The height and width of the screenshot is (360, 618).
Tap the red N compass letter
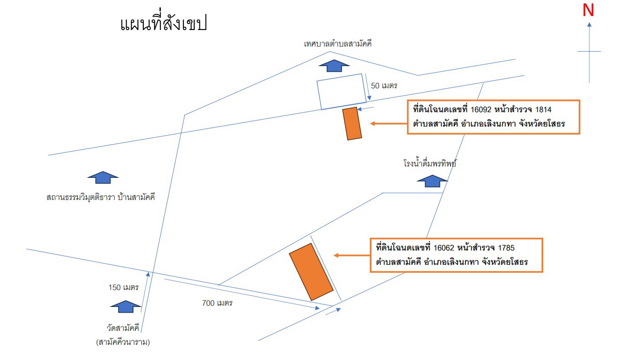tap(588, 10)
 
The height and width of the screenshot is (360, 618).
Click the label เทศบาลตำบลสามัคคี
tap(338, 43)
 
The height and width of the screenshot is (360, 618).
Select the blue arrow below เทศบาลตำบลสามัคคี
tap(334, 66)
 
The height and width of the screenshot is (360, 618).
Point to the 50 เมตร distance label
tap(384, 86)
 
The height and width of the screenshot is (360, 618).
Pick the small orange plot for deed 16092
tap(352, 123)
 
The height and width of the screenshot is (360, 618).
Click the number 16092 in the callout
tap(481, 110)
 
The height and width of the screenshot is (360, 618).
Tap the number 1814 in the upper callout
tap(543, 110)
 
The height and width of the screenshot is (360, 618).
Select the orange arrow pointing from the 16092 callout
tap(389, 123)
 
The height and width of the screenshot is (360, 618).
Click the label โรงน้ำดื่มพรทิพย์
tap(430, 163)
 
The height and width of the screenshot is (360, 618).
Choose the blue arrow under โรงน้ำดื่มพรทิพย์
tap(432, 181)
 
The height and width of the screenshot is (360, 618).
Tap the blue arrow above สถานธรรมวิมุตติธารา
tap(103, 177)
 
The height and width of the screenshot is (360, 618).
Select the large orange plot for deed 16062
tap(311, 272)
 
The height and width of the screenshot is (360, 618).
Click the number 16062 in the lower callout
tap(444, 248)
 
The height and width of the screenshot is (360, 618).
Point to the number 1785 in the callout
tap(506, 248)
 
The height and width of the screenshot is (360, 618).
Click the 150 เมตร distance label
tap(123, 287)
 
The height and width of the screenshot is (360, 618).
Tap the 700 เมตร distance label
tap(217, 303)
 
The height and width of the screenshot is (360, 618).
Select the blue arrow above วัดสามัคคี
tap(126, 307)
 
